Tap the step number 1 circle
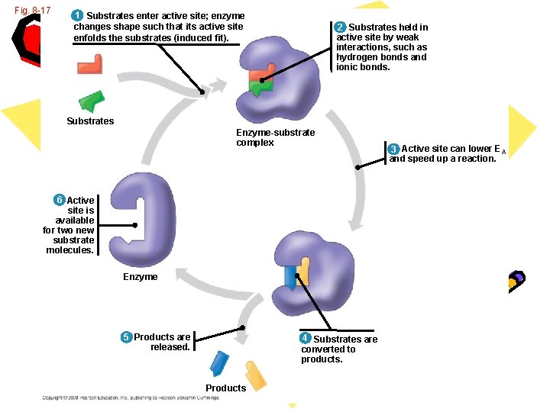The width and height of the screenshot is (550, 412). click(77, 16)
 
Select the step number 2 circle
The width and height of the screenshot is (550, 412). click(341, 27)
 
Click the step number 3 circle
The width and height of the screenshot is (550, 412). click(393, 149)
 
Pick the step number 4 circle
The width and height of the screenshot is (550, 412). click(305, 338)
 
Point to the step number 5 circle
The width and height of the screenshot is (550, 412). click(126, 337)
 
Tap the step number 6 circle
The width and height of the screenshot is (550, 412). click(59, 200)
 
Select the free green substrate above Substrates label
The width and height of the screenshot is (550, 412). click(92, 101)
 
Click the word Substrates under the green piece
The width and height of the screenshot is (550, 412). click(90, 121)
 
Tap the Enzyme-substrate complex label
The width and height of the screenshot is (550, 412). click(275, 137)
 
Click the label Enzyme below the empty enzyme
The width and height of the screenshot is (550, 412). click(141, 277)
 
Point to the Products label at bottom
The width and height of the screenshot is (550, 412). click(226, 388)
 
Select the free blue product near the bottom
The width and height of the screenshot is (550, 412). click(220, 363)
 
